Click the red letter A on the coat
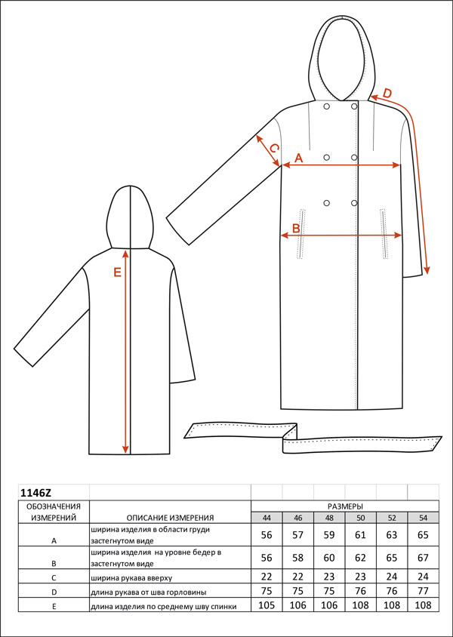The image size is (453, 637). [299, 158]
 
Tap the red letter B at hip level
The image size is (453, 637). [296, 229]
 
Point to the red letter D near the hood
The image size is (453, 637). [387, 93]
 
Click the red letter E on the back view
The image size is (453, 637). [118, 272]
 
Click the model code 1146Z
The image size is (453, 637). [35, 493]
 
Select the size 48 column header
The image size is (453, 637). [329, 518]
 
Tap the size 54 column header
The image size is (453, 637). [423, 518]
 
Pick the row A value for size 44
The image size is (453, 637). [267, 534]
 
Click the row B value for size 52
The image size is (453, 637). [392, 557]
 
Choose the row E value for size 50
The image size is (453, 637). [360, 605]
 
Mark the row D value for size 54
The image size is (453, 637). [423, 591]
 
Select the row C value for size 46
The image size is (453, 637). [297, 576]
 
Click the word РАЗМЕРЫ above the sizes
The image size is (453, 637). [345, 506]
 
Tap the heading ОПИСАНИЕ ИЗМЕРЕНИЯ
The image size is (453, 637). [170, 518]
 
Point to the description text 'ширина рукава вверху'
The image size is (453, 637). [127, 577]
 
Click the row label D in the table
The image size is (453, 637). [54, 592]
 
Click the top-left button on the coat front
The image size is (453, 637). [326, 106]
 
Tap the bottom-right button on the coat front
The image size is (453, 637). [354, 203]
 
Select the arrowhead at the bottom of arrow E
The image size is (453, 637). [125, 449]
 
